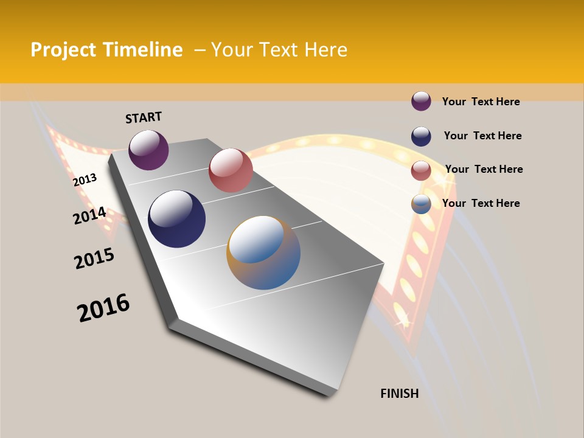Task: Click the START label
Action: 144,117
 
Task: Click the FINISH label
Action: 399,394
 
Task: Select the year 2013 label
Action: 85,180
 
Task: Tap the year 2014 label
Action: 89,216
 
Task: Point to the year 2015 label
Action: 94,259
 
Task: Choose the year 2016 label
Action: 103,308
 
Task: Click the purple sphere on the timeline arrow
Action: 148,150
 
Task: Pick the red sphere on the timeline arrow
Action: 231,170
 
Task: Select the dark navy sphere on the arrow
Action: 176,219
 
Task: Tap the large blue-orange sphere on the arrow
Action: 263,252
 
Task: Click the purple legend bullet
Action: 421,102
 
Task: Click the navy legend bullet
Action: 421,136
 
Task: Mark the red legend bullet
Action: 421,170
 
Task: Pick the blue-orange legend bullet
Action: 421,204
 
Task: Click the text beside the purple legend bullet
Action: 481,102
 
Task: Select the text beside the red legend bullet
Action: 484,169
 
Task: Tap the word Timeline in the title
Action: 144,50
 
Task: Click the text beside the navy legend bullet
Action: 482,136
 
